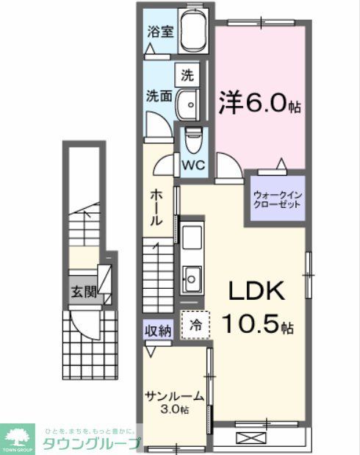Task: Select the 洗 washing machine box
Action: [x=187, y=74]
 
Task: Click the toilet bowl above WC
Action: [x=193, y=138]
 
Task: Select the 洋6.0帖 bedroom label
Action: [x=259, y=103]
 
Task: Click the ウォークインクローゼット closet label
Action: [x=277, y=199]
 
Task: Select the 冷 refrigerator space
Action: [x=195, y=323]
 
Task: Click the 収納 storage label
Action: [x=157, y=331]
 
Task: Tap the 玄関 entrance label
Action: [x=84, y=291]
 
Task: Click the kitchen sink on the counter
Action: [x=194, y=278]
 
